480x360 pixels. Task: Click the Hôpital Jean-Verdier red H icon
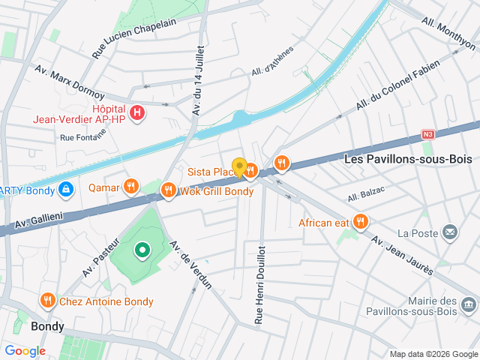[x=137, y=112]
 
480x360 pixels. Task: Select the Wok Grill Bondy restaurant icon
[x=168, y=190]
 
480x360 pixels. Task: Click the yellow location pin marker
[x=239, y=168]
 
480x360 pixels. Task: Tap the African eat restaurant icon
[x=361, y=221]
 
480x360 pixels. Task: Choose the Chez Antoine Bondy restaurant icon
[x=49, y=301]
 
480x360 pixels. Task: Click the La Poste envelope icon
[x=449, y=232]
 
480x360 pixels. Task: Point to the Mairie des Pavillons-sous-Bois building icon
[x=469, y=304]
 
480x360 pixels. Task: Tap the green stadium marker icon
[x=141, y=249]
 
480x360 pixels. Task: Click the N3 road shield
[x=428, y=134]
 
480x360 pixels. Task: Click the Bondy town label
[x=47, y=327]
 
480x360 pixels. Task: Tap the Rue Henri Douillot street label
[x=259, y=284]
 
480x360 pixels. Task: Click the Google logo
[x=25, y=351]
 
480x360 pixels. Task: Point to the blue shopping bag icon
[x=66, y=189]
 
